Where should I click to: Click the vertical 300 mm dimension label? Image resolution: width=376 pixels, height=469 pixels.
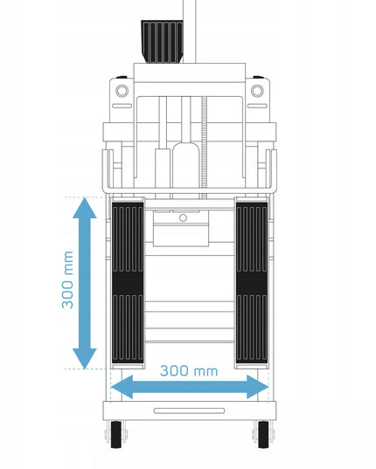(67, 280)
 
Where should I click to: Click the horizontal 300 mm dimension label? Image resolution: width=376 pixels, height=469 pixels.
(189, 371)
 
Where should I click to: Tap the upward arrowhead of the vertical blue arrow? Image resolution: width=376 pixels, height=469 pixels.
(85, 208)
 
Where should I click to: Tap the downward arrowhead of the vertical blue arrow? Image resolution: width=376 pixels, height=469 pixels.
(85, 359)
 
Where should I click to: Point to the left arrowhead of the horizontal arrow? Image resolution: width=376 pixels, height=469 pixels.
(122, 387)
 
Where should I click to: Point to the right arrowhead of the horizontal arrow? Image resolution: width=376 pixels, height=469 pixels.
(257, 387)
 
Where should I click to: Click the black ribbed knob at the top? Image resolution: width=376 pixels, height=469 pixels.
(162, 41)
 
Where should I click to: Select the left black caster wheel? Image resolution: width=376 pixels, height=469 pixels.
(116, 435)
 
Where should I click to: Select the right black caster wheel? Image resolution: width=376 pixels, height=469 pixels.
(263, 435)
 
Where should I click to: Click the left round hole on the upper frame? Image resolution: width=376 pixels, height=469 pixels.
(122, 91)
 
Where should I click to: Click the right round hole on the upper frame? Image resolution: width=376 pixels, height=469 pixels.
(257, 91)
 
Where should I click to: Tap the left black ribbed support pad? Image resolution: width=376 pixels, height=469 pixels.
(128, 283)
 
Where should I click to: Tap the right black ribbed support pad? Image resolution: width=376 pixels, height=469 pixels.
(252, 283)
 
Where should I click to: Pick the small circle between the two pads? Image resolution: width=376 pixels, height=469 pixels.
(184, 218)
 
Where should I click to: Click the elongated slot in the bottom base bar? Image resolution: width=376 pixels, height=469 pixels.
(189, 410)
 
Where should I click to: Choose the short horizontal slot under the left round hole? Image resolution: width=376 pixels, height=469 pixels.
(122, 106)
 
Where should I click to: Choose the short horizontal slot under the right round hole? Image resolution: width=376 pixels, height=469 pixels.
(257, 106)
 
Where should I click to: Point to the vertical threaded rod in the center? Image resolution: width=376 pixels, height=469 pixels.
(204, 148)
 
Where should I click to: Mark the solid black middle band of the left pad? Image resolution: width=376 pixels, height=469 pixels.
(128, 283)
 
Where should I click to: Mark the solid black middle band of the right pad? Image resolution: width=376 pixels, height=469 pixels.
(252, 283)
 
